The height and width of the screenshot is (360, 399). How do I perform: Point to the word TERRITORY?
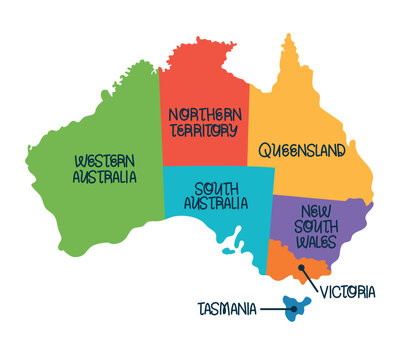[203, 130]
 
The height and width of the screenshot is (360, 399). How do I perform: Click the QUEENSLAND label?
[302, 151]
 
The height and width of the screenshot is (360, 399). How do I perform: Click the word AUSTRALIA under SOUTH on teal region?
[216, 203]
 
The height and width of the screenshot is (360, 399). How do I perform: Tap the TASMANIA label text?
[226, 309]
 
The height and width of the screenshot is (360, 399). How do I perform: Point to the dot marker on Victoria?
[301, 268]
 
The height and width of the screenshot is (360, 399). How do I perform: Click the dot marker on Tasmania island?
[293, 309]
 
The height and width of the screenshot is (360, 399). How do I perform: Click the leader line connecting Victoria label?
[310, 280]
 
